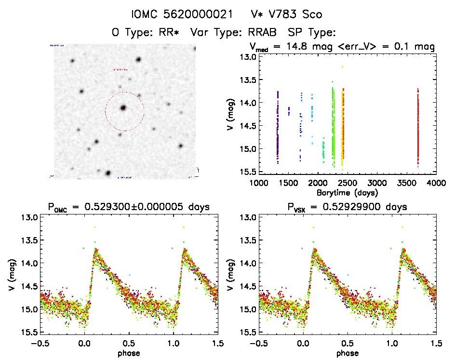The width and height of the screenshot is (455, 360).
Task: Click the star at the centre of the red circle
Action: point(124,108)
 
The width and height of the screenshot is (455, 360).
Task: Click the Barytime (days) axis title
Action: point(348,192)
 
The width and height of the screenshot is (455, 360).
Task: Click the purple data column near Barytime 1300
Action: point(278,125)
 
